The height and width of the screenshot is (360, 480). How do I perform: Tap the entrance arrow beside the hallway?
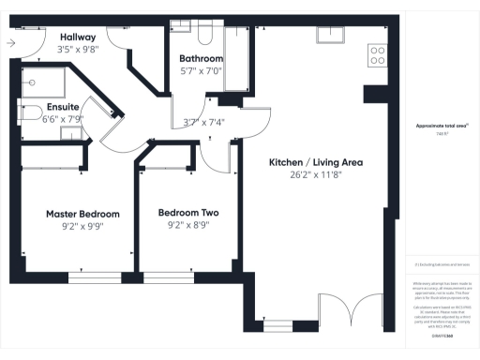tap(10, 42)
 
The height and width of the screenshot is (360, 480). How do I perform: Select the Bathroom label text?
tap(201, 58)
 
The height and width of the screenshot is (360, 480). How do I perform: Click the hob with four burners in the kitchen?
tap(378, 55)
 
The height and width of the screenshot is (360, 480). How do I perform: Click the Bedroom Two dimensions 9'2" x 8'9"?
tap(188, 225)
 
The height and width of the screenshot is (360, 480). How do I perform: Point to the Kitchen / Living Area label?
tap(316, 162)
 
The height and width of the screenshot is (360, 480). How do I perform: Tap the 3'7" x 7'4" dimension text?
tap(203, 121)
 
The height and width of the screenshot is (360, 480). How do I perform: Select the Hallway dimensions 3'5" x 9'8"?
tap(79, 49)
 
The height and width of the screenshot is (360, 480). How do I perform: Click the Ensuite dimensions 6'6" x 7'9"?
tap(65, 119)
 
